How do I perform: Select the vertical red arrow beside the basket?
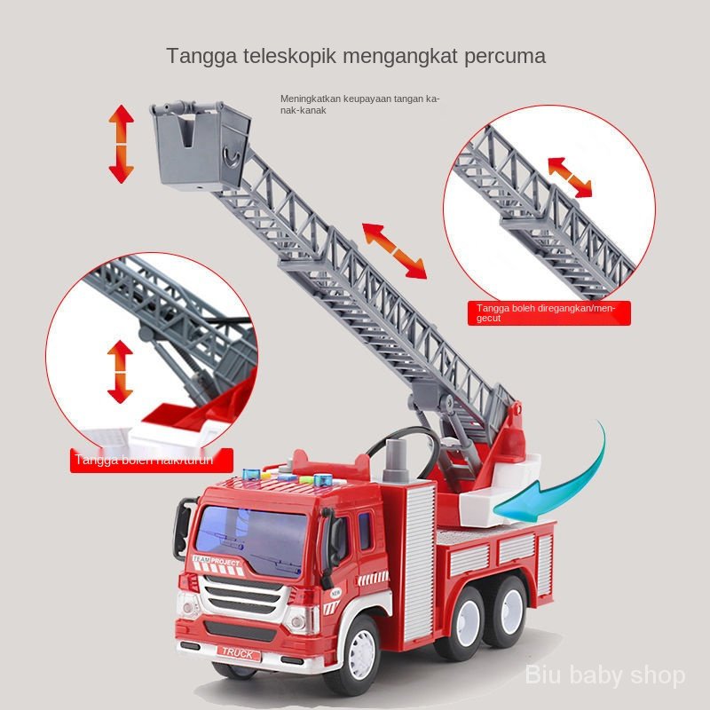[x=121, y=143]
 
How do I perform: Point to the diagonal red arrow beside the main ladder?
[x=394, y=251]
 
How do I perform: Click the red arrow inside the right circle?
[x=570, y=177]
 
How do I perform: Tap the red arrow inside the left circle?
[x=120, y=371]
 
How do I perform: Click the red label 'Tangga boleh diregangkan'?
[x=548, y=312]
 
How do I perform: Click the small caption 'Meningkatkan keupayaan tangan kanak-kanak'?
[x=359, y=104]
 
